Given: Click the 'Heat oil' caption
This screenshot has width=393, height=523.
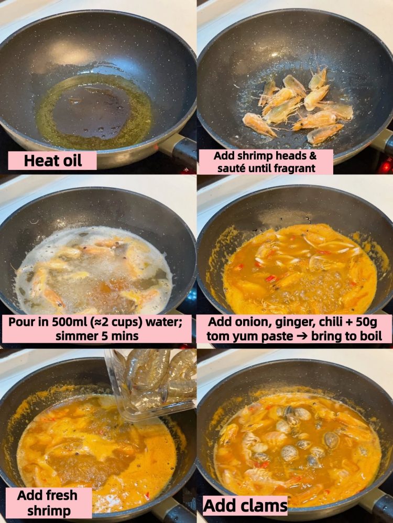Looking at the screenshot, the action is [x=52, y=161].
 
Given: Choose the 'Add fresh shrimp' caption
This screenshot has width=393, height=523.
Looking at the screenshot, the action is [x=48, y=503].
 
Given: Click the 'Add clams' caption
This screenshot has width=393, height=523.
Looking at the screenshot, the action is [x=245, y=506].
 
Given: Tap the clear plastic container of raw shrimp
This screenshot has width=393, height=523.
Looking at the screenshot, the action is [x=151, y=383].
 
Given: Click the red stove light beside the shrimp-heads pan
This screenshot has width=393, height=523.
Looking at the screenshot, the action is [x=387, y=167].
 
